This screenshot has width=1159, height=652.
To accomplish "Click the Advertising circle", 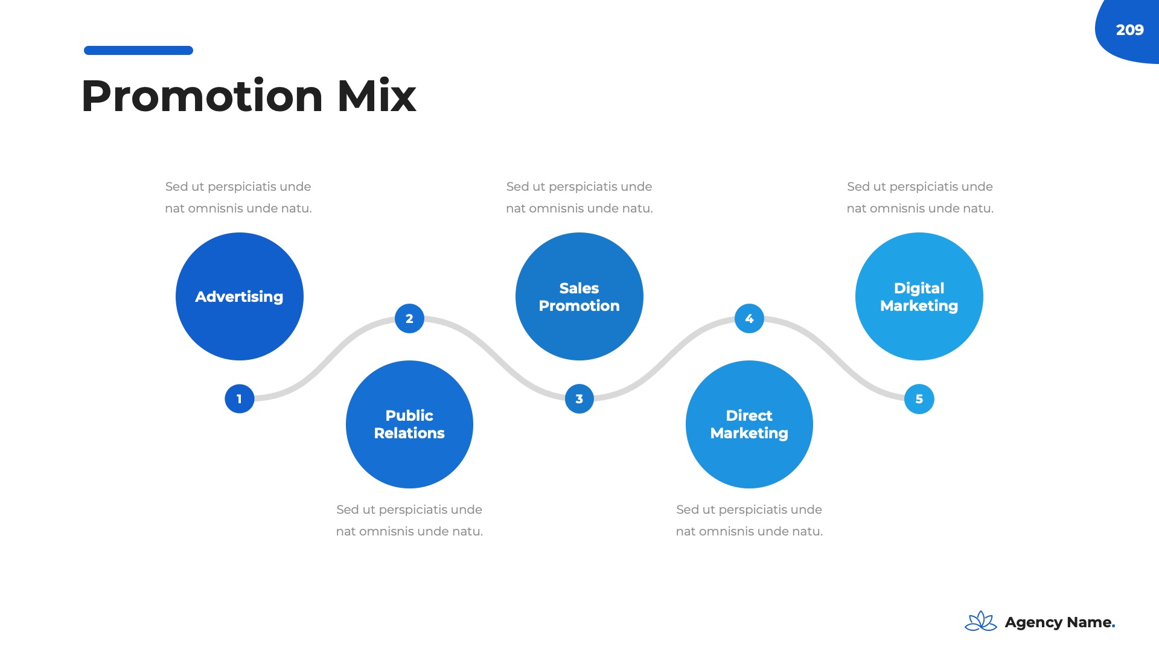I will tap(239, 296).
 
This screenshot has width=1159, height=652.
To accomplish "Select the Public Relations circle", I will tap(409, 424).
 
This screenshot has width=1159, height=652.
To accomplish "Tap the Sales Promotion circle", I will tap(579, 296).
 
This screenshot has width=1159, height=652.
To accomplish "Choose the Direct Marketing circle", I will tap(749, 424).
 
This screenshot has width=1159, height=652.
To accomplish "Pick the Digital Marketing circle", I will tap(919, 296).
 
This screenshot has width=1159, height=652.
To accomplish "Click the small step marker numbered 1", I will tap(239, 399).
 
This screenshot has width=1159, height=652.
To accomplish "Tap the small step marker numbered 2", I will tap(409, 318).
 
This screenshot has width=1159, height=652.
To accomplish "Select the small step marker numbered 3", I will tap(579, 399).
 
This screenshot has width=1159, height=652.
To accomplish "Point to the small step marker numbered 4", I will tap(749, 318).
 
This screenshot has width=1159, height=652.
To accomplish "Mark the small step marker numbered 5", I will tap(919, 399).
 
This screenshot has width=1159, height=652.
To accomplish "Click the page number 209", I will tap(1129, 30).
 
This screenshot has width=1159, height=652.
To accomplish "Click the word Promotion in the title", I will tap(202, 96).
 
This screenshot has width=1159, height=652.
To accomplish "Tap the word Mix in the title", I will tap(377, 96).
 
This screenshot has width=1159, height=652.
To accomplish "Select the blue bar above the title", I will tap(138, 50).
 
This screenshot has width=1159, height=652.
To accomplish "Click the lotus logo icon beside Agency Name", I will tap(980, 621).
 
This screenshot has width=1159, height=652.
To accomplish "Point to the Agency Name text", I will tap(1059, 622).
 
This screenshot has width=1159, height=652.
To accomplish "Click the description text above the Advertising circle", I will tap(238, 197).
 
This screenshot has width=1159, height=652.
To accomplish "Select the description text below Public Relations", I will tap(409, 520).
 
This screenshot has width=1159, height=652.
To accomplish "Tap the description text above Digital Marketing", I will tap(919, 197).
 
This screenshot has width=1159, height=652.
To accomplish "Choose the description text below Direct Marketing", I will tap(749, 520).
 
